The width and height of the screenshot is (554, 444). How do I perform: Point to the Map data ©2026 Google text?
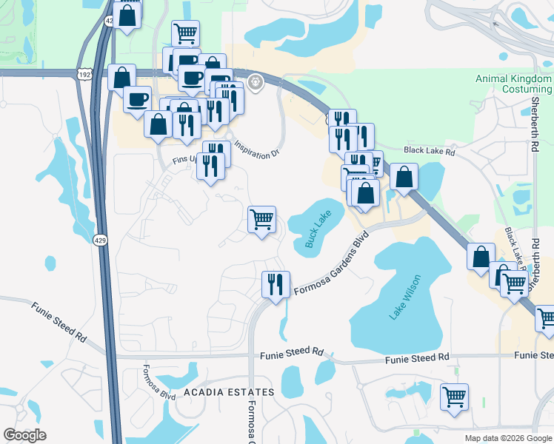point(507,438)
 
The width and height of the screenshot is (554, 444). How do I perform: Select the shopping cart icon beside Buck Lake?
point(261,219)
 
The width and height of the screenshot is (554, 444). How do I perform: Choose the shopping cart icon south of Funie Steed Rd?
point(454,396)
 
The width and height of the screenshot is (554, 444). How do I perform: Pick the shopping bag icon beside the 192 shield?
point(121,77)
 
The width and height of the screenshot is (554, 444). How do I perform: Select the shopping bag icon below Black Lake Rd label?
point(404,177)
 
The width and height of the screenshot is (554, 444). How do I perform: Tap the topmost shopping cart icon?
point(185,33)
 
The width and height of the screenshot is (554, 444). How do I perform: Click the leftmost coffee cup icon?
point(137,99)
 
